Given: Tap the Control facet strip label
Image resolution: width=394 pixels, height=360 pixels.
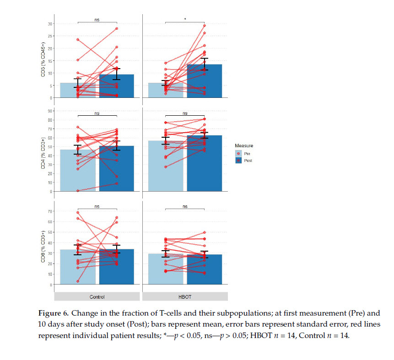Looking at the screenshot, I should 97,297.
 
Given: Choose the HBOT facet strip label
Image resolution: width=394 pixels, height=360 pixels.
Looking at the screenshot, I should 185,297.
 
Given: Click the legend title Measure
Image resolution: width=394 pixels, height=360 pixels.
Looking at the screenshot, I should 244,145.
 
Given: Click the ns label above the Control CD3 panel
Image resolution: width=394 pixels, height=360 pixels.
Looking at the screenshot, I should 97,20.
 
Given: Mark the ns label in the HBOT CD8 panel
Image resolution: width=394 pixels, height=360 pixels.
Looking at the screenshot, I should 185,207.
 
